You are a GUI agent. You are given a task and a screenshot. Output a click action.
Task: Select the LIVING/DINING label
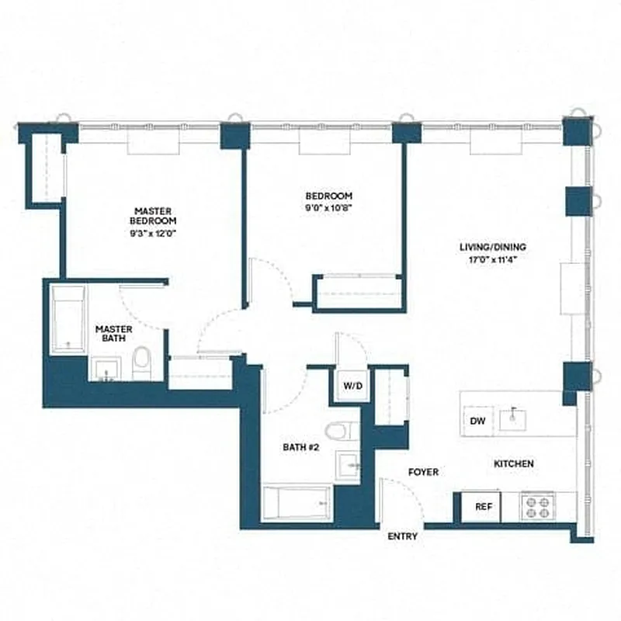487,248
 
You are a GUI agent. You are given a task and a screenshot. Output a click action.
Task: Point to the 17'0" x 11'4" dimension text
487,260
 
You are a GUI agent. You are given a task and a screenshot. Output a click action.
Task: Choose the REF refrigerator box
484,507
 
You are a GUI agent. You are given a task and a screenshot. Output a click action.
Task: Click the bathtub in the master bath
68,320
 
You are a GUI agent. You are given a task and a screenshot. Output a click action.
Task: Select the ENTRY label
403,536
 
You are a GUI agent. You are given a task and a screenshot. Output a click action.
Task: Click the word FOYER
423,472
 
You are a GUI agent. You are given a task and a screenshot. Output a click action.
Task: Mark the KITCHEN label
514,464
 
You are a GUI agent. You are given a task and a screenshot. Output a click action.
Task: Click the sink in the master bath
106,369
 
